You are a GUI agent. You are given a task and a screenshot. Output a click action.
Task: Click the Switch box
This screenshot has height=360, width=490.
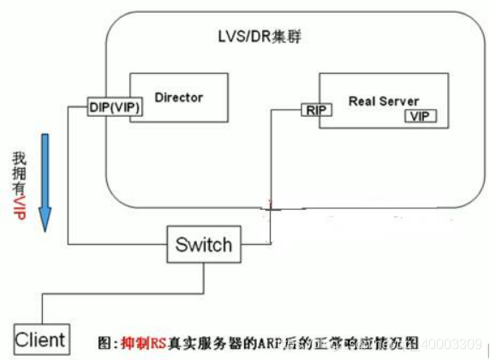tap(203, 244)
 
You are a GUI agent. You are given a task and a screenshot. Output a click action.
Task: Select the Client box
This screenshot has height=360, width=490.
tap(39, 339)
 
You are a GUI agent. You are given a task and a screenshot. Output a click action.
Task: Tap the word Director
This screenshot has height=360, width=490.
tap(178, 97)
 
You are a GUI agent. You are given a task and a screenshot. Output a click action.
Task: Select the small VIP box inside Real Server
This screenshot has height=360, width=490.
tap(420, 116)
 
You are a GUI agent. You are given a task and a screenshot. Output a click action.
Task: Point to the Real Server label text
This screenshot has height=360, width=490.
tap(383, 100)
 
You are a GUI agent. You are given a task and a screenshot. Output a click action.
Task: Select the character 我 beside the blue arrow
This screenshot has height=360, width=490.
tap(20, 159)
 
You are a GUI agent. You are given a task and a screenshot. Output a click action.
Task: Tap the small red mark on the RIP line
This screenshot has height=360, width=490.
tap(271, 206)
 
